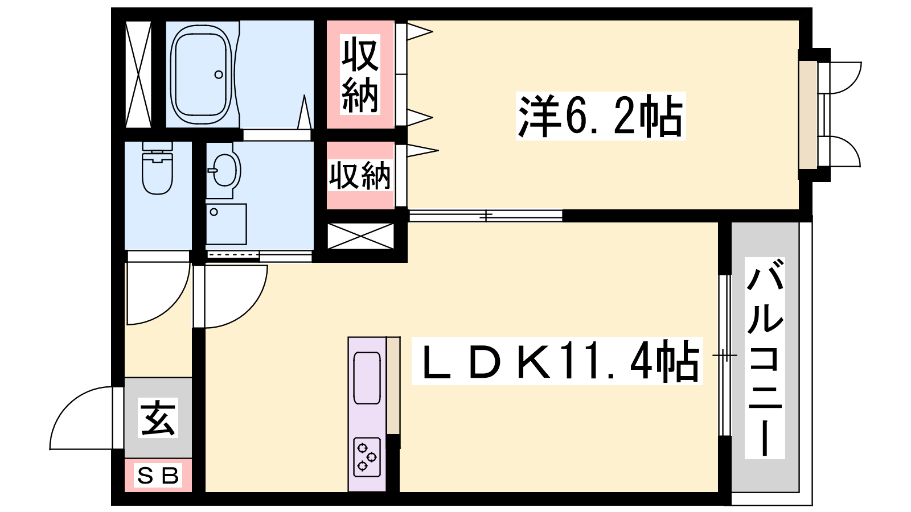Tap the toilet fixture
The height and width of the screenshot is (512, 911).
[157, 168]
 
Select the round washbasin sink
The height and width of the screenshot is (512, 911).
[225, 170]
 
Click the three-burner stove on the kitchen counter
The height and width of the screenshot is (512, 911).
[367, 457]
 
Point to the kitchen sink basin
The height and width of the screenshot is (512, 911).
[367, 378]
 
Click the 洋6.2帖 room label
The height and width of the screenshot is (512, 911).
[601, 116]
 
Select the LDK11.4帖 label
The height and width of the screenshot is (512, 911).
[557, 361]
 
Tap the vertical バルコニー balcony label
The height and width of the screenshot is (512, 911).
[765, 358]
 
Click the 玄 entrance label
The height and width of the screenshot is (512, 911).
[158, 418]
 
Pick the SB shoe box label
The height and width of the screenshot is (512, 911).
[158, 476]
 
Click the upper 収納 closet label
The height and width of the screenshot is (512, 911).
[360, 75]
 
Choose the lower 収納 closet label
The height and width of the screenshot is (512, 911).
[359, 176]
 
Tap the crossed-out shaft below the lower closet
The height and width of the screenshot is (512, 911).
[361, 236]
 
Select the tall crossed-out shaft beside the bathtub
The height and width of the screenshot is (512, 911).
[138, 75]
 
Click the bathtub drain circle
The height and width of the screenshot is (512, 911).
[219, 75]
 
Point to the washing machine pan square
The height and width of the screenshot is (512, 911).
[226, 224]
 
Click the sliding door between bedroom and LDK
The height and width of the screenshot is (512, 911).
[486, 216]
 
